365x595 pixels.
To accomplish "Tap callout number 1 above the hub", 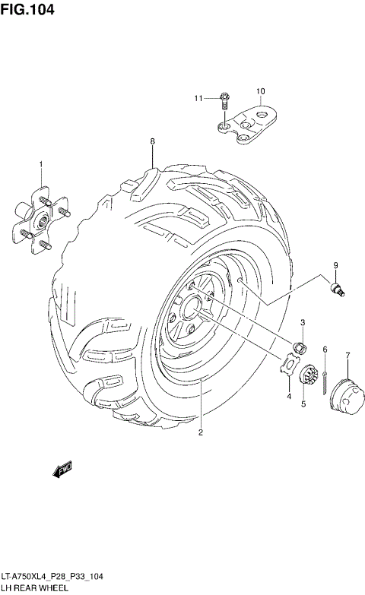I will point(41,164).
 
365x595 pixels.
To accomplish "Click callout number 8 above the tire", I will point(152,142).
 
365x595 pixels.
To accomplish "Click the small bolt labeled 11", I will point(224,97).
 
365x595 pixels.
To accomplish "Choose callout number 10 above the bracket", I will point(260,92).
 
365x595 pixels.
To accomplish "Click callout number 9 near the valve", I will point(333,264).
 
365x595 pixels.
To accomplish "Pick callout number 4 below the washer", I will point(289,395).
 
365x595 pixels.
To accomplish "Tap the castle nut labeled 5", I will point(309,377).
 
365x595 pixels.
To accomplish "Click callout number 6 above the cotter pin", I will point(325,349).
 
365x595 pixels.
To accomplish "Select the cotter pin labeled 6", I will point(325,381).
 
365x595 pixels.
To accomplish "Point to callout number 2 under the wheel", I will point(200,434).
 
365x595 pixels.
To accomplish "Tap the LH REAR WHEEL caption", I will point(36,588).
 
